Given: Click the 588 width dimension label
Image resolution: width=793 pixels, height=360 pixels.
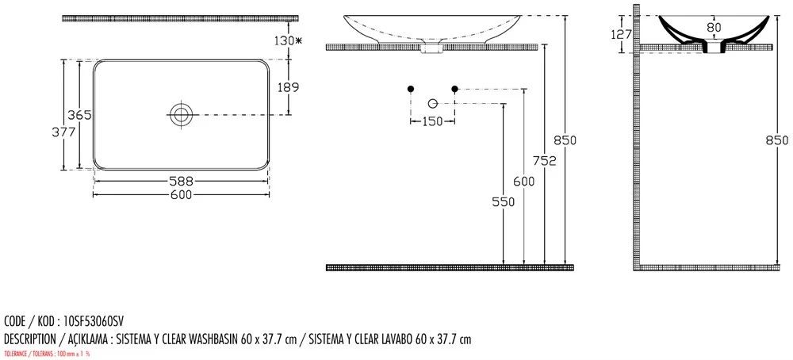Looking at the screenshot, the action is tap(182, 181).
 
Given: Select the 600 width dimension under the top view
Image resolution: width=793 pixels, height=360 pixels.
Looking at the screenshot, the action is tap(182, 194).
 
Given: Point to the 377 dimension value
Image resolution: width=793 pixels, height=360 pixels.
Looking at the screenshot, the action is tap(63, 132).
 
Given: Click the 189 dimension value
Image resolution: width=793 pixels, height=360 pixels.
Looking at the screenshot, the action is tap(289, 87).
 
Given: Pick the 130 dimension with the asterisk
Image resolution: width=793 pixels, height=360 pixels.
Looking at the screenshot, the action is tap(288, 41).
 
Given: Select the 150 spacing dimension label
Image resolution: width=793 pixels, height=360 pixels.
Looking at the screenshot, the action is tap(432, 121).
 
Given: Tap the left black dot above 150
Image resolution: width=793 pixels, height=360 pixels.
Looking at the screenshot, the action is tap(411, 89).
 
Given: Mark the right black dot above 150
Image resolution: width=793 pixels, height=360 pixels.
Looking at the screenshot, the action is tap(454, 89).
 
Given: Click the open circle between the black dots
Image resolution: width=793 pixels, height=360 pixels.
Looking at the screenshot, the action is tap(432, 104).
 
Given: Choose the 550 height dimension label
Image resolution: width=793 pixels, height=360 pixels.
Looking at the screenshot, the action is tap(504, 201).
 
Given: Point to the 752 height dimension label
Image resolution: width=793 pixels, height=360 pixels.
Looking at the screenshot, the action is tap(545, 161).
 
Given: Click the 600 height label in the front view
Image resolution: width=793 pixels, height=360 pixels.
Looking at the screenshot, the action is tap(524, 182).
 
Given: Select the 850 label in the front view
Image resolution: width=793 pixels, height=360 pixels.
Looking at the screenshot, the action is tap(565, 140).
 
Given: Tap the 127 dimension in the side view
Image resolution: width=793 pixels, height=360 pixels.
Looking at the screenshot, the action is tap(622, 34).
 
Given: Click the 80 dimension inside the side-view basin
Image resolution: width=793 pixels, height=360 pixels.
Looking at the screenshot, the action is tap(714, 28).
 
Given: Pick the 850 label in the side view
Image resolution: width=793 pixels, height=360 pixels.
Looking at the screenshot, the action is tap(778, 140).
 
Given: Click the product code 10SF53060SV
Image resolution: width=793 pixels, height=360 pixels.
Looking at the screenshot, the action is tap(94, 321).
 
